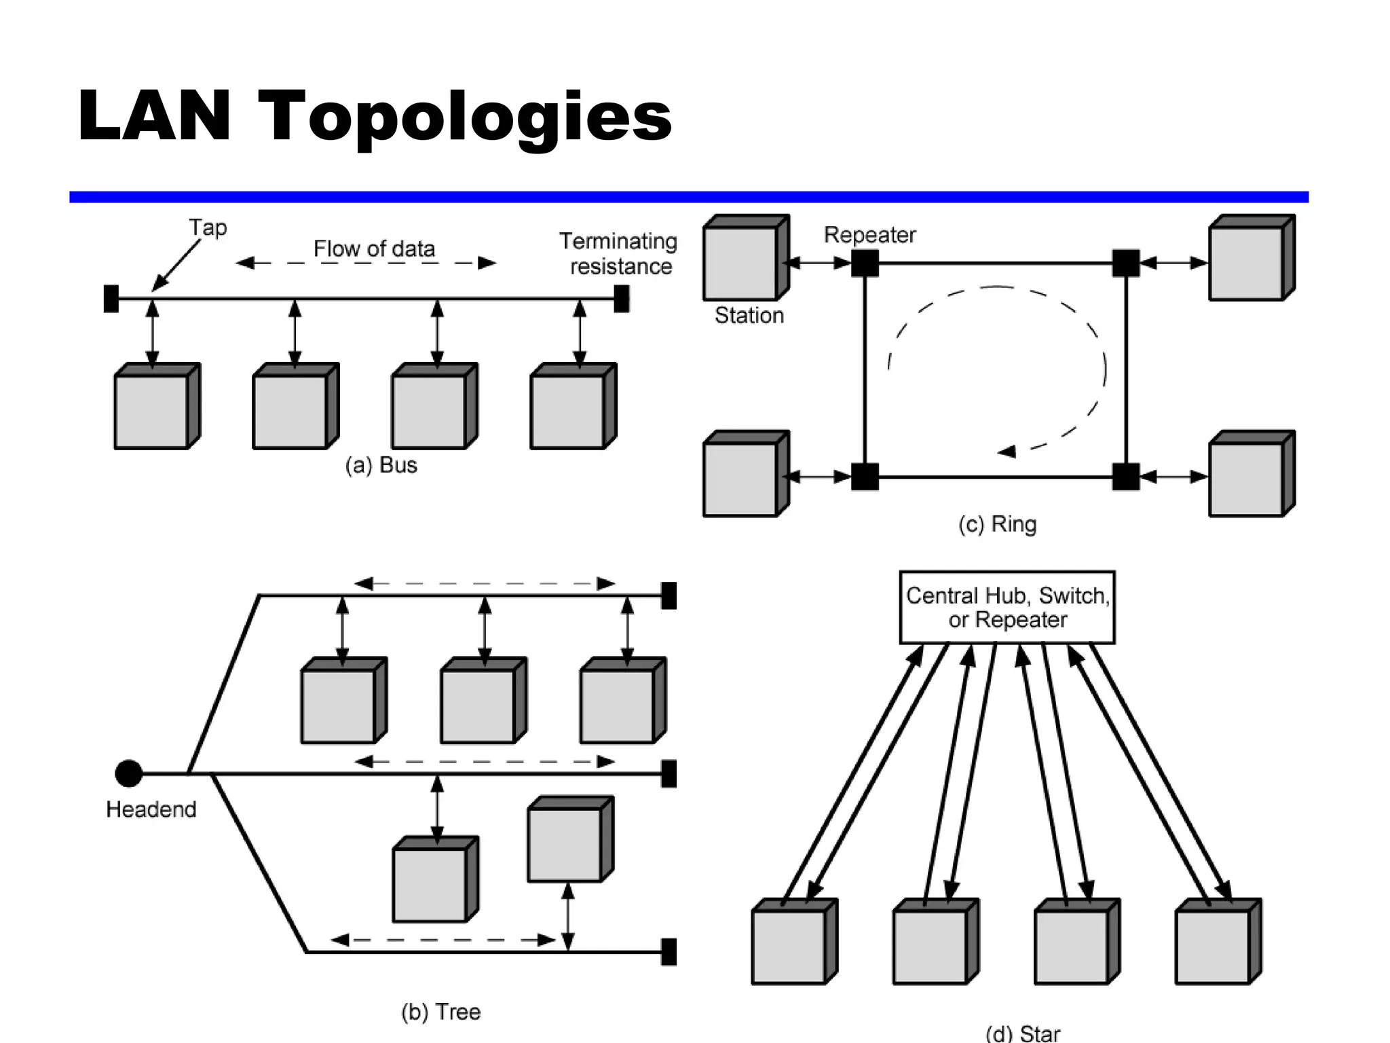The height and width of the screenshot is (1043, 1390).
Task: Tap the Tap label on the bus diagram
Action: (208, 227)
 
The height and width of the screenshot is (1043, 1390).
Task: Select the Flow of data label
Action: (374, 249)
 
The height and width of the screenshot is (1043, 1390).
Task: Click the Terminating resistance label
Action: (618, 253)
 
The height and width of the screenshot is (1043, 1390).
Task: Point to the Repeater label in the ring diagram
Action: (869, 235)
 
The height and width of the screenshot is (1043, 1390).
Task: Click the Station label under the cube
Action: (749, 315)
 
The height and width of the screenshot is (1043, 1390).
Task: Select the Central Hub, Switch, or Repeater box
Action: (1007, 607)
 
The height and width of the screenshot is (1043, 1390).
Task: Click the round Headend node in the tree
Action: (128, 773)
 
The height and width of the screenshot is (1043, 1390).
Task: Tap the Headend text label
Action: (151, 809)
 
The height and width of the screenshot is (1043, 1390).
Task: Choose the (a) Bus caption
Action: (381, 465)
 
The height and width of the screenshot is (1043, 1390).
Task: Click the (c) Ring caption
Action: (997, 524)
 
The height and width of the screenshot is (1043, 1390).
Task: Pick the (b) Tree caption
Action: (440, 1012)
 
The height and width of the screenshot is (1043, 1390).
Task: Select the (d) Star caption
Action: (1022, 1033)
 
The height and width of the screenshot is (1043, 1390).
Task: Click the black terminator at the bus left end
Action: (111, 299)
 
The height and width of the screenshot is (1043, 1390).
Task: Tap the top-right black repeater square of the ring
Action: (1126, 263)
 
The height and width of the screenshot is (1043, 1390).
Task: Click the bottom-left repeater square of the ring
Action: (865, 477)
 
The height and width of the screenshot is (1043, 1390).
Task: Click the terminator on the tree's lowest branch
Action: (669, 951)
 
